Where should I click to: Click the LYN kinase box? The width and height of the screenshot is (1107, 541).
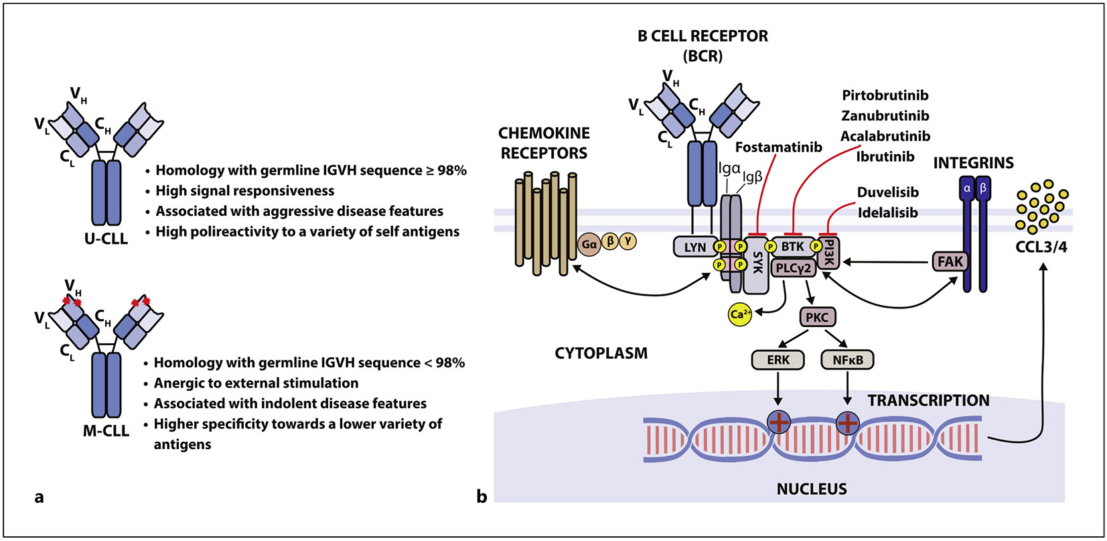click(694, 247)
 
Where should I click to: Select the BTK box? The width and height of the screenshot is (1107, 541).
click(792, 247)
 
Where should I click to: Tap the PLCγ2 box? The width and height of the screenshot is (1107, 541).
click(794, 268)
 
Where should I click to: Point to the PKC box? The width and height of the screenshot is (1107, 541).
click(817, 317)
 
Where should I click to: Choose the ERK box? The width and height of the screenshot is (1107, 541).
click(778, 360)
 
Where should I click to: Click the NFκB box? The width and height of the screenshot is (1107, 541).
click(847, 360)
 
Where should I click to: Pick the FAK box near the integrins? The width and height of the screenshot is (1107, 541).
click(950, 261)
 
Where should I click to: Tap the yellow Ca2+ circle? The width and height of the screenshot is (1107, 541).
click(739, 314)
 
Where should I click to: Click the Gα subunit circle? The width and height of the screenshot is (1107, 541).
click(589, 245)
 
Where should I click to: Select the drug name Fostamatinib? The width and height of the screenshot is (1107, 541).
click(778, 147)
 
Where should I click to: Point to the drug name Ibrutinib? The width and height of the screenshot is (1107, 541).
click(885, 157)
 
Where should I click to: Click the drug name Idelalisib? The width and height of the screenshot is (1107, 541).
click(887, 213)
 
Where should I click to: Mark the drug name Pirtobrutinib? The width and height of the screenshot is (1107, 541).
click(885, 95)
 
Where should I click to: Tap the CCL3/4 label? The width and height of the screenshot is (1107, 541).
click(1041, 247)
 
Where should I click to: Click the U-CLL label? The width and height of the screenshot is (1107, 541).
click(106, 239)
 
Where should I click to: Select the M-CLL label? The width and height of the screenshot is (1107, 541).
click(106, 431)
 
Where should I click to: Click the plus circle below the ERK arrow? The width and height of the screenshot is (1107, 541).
click(778, 422)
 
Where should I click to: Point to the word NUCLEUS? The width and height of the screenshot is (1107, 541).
click(811, 489)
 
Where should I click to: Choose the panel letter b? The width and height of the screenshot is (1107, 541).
click(482, 497)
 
